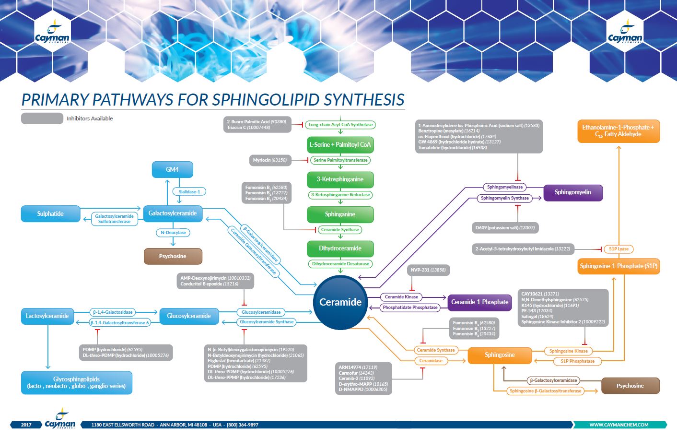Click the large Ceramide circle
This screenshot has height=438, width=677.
click(x=340, y=302)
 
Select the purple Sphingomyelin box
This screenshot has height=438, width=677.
click(x=572, y=192)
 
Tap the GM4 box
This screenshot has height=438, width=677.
click(x=172, y=169)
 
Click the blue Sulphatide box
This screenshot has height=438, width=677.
click(x=50, y=214)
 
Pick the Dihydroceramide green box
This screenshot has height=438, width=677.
click(x=340, y=249)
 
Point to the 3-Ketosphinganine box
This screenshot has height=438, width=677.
click(x=340, y=179)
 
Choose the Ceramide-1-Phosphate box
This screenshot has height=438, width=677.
click(x=479, y=302)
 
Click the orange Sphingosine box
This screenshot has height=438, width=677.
click(x=499, y=355)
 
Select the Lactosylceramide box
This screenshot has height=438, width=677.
click(x=47, y=316)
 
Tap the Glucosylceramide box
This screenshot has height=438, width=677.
click(x=189, y=316)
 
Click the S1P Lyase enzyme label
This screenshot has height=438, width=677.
click(x=619, y=249)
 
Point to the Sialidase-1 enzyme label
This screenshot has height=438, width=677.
click(x=189, y=192)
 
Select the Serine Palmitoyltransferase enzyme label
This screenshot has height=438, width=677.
click(x=340, y=160)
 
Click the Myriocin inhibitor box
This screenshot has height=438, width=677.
click(x=270, y=160)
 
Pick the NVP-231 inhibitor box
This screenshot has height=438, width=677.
click(x=428, y=270)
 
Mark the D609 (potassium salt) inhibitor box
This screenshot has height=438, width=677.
click(x=505, y=227)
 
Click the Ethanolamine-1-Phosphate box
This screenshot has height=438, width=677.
click(x=618, y=131)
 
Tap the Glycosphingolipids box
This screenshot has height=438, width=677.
click(x=76, y=382)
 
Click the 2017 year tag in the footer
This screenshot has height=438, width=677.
click(x=26, y=425)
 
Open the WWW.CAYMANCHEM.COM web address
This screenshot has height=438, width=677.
click(x=619, y=425)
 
